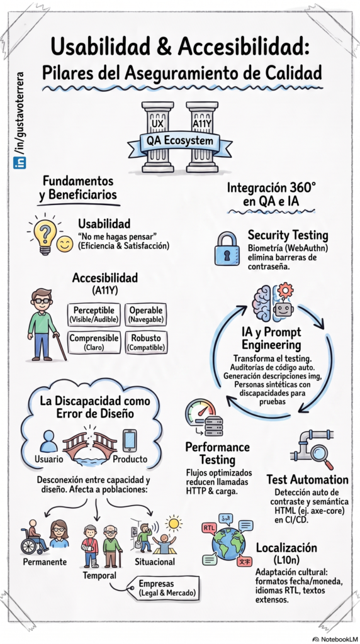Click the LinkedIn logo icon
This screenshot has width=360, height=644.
point(20,163)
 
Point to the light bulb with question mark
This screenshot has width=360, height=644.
point(45,235)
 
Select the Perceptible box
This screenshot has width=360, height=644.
point(94,314)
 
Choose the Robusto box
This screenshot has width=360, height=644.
point(146,342)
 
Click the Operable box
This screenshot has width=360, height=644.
point(146,314)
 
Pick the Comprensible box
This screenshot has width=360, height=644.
point(94,342)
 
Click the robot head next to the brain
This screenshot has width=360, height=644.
point(283,301)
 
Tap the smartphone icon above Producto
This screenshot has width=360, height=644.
point(130,440)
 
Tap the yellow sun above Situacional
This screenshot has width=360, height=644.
point(174,523)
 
